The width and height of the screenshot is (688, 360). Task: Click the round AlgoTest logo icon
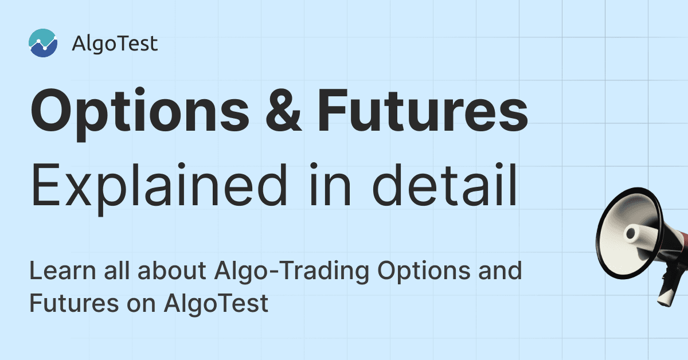pyautogui.click(x=43, y=43)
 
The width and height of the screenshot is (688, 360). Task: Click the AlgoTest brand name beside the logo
pyautogui.click(x=115, y=44)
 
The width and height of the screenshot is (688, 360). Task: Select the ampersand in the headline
pyautogui.click(x=283, y=111)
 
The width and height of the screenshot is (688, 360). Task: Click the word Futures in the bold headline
pyautogui.click(x=423, y=111)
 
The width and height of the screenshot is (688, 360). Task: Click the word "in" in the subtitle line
pyautogui.click(x=330, y=185)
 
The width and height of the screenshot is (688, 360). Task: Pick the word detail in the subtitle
pyautogui.click(x=445, y=185)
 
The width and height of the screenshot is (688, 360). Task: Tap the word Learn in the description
pyautogui.click(x=62, y=271)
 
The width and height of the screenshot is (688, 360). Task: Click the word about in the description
pyautogui.click(x=171, y=271)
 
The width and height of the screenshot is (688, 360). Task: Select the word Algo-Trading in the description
pyautogui.click(x=291, y=272)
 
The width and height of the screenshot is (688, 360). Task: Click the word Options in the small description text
pyautogui.click(x=424, y=272)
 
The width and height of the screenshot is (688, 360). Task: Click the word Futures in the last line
pyautogui.click(x=74, y=303)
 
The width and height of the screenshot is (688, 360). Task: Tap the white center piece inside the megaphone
pyautogui.click(x=635, y=233)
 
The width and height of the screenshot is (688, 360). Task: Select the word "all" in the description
pyautogui.click(x=116, y=271)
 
